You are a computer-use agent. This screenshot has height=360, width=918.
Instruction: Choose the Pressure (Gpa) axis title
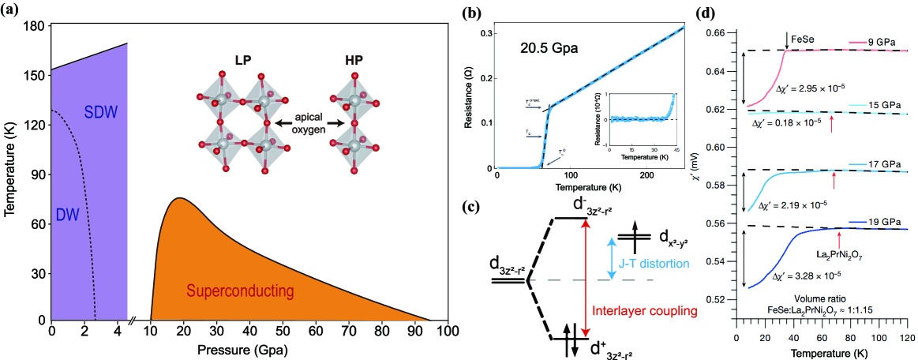(x=250, y=349)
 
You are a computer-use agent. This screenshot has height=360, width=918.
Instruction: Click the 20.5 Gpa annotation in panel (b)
(x=549, y=48)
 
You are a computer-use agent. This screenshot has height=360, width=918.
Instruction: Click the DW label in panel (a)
(x=69, y=216)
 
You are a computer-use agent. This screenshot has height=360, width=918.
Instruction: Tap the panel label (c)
(x=470, y=208)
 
